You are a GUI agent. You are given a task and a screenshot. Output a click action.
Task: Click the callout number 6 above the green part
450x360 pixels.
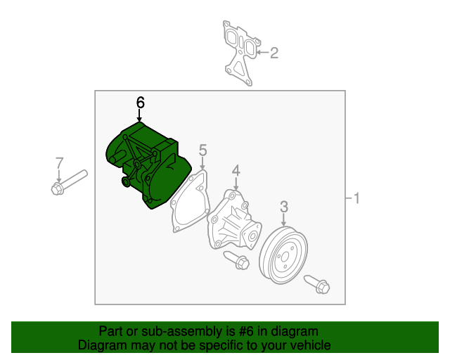140,103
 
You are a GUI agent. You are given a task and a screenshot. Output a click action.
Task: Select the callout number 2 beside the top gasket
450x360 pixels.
274,52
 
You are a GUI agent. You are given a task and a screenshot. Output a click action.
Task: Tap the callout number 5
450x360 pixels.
202,150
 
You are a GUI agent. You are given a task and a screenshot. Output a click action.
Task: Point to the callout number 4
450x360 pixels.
236,171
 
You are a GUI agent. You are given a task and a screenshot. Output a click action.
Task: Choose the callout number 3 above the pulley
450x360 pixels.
284,206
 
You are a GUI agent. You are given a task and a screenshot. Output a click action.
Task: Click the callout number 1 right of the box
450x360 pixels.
356,199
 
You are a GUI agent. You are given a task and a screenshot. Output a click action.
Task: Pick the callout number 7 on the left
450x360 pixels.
59,164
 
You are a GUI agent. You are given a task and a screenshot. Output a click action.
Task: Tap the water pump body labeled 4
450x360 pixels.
231,221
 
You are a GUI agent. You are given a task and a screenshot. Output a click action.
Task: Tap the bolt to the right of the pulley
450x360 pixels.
317,284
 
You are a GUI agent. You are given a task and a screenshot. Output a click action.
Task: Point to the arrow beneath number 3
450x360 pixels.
284,219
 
